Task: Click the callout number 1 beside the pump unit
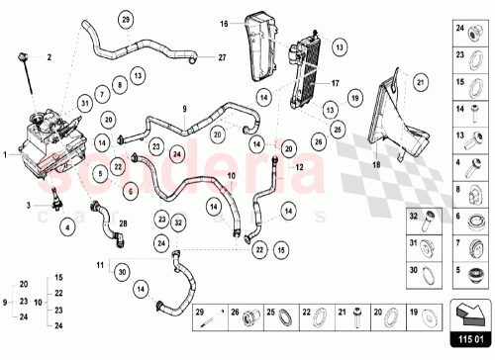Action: coord(7,154)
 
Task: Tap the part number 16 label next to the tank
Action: coord(225,24)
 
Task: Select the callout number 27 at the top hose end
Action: coord(222,57)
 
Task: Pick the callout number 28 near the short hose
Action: coord(123,225)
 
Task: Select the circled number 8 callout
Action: coord(118,86)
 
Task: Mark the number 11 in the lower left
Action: coord(100,265)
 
